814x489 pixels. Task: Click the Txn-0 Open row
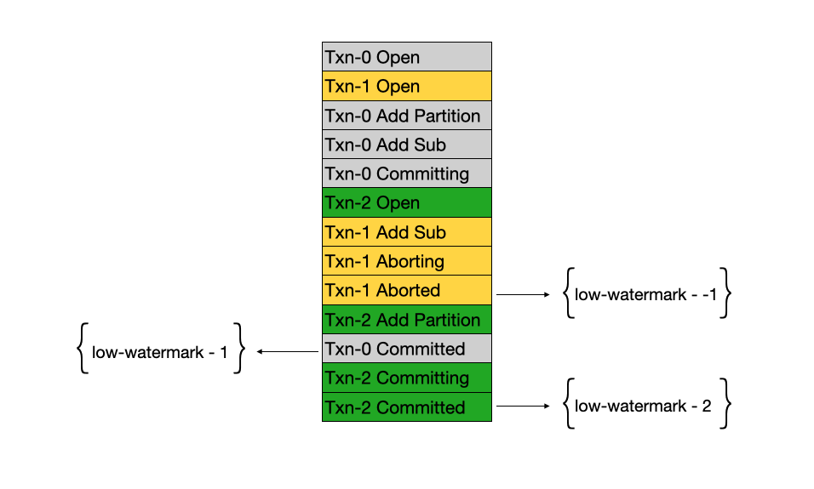pos(406,57)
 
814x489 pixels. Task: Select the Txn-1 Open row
pos(406,86)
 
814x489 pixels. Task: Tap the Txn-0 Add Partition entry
pos(406,116)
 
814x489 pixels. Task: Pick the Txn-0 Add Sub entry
pos(406,145)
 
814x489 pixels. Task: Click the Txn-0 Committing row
pos(406,173)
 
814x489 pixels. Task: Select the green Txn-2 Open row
pos(406,203)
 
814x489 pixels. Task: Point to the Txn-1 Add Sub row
pos(406,232)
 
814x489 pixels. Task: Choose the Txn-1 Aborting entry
pos(406,261)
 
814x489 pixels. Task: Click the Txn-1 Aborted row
pos(406,290)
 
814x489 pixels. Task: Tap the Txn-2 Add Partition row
pos(406,320)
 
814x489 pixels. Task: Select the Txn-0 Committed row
pos(406,349)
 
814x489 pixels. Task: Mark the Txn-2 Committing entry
pos(406,378)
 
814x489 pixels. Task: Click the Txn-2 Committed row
pos(406,407)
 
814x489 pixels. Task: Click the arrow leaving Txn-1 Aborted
pos(523,294)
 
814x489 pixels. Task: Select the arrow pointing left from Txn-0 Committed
pos(287,350)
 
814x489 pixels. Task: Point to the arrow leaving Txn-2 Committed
pos(523,407)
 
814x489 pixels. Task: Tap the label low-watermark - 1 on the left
pos(160,350)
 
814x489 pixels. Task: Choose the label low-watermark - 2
pos(644,407)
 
